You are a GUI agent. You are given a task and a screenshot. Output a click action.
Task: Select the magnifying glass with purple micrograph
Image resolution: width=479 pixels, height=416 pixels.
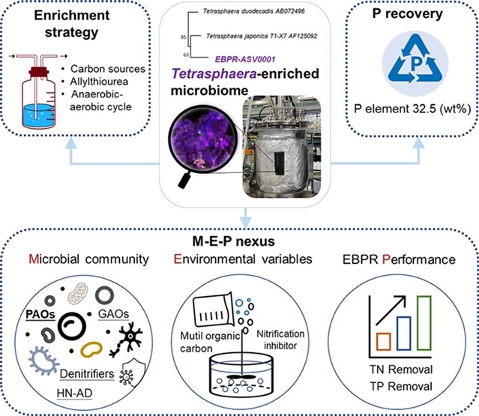tap(194, 143)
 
